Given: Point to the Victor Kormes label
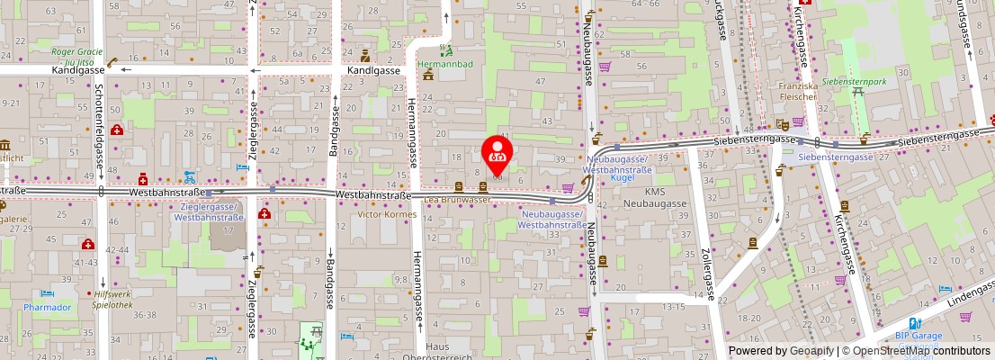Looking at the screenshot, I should [387, 214].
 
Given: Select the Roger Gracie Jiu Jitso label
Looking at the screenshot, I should [78, 57].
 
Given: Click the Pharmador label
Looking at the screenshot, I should [48, 307].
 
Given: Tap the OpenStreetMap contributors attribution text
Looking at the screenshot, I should [916, 351].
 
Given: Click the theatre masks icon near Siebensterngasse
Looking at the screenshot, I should [782, 123].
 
